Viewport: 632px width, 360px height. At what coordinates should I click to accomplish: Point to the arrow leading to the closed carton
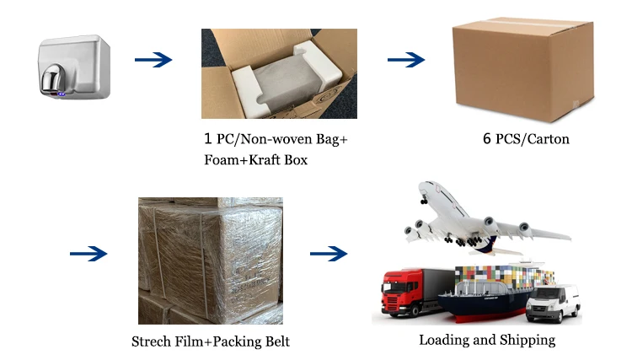[x=405, y=60]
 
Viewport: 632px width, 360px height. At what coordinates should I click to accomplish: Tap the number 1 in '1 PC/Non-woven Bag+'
[x=209, y=139]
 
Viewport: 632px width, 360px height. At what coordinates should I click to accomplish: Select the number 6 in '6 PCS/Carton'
[x=487, y=138]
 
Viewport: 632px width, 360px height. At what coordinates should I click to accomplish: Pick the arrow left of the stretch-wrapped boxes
[x=88, y=253]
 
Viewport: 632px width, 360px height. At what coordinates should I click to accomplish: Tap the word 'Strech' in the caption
[x=153, y=341]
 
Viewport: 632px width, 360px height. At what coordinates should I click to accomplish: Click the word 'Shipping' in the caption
[x=527, y=341]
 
